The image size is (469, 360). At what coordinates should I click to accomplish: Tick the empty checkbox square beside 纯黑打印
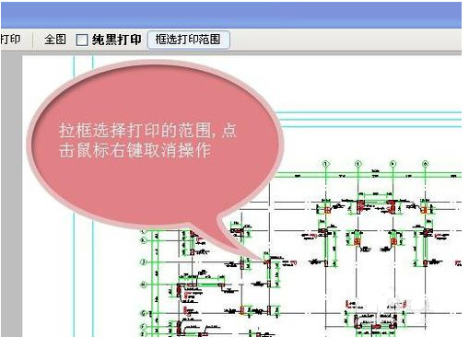coord(82,41)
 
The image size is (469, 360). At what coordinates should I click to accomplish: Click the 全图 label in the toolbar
coord(55,41)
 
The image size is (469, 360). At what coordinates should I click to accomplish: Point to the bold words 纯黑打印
coord(116,41)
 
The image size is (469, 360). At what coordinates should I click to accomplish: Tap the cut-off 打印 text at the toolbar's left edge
coord(10,41)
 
